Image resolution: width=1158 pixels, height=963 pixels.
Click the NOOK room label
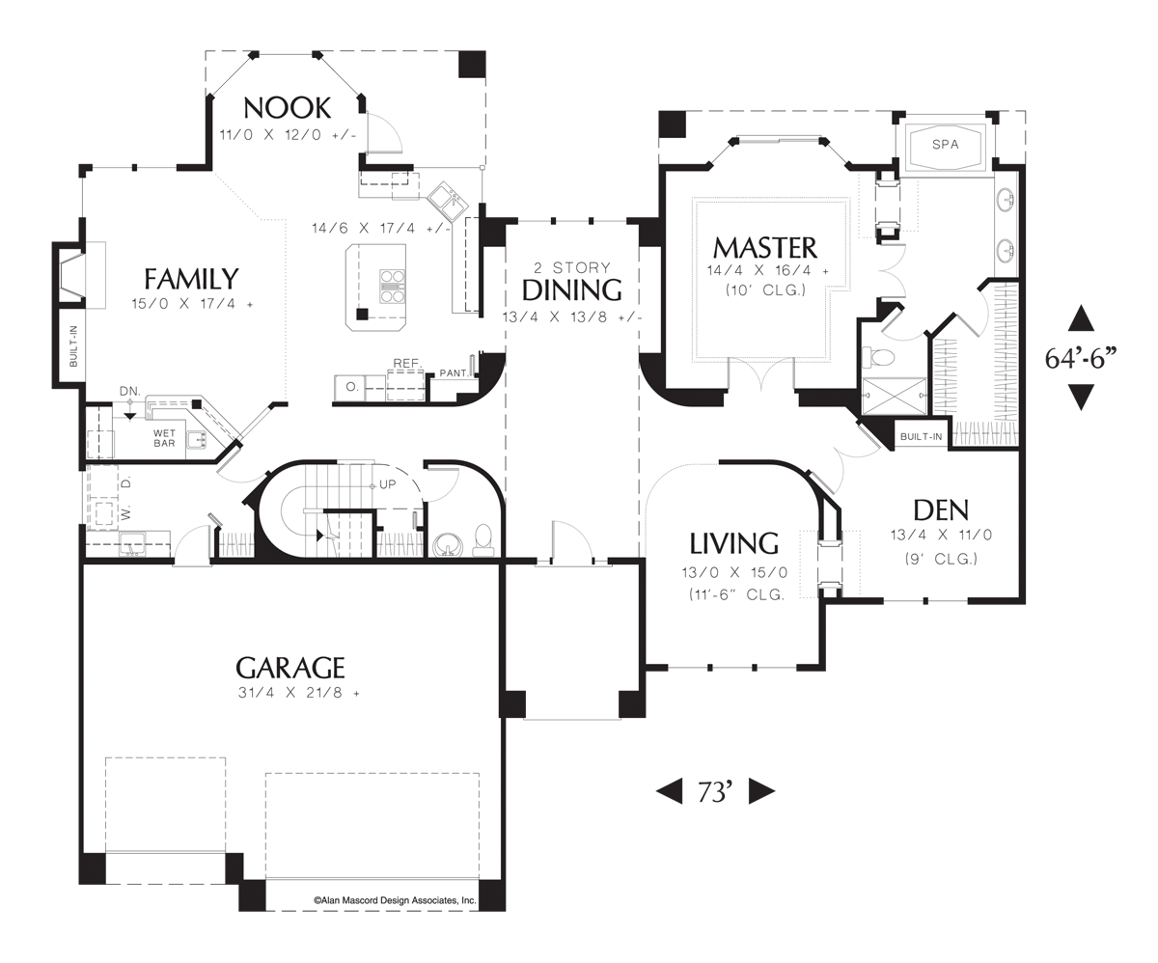point(287,107)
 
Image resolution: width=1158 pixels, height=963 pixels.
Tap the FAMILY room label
point(191,279)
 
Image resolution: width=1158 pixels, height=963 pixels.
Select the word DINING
point(572,289)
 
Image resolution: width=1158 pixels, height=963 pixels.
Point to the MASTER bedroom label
point(764,247)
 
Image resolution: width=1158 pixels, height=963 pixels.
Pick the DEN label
point(940,509)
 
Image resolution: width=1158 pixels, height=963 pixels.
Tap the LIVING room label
point(734,542)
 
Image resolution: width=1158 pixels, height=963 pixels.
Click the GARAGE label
point(290,667)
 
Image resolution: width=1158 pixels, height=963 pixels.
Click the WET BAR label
point(164,439)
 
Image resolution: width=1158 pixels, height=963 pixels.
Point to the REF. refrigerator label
point(403,364)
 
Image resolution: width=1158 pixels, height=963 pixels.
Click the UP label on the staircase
point(389,483)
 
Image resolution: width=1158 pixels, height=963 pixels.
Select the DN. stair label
point(129,391)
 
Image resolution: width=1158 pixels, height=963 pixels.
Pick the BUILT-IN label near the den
point(921,437)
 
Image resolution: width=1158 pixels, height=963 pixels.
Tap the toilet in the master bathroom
point(879,358)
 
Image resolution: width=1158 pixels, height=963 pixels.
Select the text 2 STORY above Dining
point(571,268)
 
